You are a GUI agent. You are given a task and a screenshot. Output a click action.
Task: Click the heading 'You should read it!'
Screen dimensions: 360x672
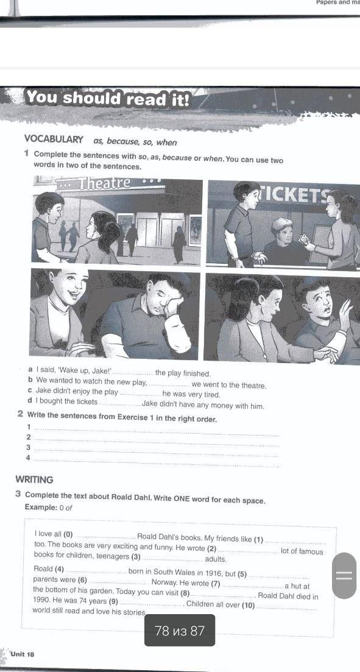pos(108,99)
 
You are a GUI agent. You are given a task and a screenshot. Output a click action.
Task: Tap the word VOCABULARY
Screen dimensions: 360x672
pos(54,140)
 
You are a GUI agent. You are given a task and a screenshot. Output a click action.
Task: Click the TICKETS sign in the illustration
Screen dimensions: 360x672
pos(306,195)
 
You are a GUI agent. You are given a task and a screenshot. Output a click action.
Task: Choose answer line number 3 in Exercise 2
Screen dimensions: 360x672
pos(156,450)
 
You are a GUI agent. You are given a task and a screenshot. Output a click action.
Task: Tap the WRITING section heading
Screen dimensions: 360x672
pos(34,479)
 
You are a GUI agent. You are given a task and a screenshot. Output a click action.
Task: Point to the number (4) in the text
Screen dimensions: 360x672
pos(59,570)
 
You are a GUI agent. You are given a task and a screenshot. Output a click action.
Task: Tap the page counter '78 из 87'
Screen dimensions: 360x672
pos(180,631)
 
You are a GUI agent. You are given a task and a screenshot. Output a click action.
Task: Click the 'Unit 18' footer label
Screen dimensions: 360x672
pos(23,654)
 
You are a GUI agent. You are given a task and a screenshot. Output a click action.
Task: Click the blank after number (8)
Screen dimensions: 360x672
pos(223,595)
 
